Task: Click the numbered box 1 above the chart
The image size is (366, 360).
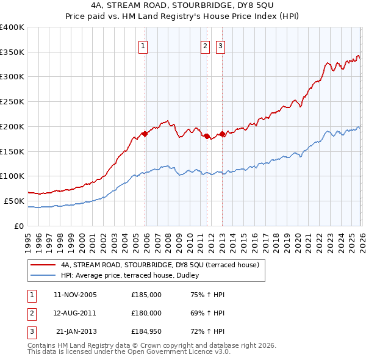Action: pos(143,46)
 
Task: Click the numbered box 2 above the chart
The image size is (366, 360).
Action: pos(205,46)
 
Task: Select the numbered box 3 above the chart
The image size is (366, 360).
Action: pos(220,46)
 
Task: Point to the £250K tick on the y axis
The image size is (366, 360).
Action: pos(12,101)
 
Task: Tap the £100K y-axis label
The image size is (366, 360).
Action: pos(12,176)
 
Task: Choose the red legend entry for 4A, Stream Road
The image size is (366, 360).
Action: pos(160,265)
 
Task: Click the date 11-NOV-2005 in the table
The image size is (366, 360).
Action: pos(75,295)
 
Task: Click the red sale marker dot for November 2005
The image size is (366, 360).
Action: pos(145,134)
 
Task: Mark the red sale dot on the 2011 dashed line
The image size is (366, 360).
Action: pos(207,136)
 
